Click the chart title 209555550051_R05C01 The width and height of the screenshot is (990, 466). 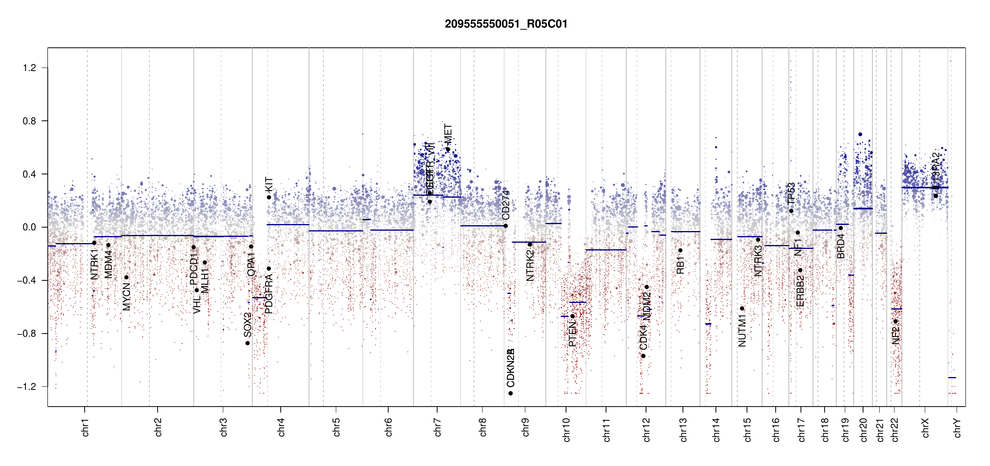[x=506, y=24]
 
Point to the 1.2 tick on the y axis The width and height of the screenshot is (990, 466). [x=30, y=68]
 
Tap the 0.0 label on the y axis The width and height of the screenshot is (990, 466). [x=30, y=227]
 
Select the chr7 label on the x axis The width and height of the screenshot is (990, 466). [x=438, y=427]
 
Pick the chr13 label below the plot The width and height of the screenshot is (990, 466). [x=683, y=429]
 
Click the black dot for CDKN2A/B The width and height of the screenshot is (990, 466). [x=511, y=393]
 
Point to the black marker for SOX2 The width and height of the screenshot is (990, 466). [x=247, y=343]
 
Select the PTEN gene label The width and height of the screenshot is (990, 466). [x=572, y=334]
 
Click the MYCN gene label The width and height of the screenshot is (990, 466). [x=126, y=297]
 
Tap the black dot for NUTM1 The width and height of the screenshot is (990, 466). [x=742, y=308]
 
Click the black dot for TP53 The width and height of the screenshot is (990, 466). [x=791, y=211]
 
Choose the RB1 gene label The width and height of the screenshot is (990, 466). [x=680, y=265]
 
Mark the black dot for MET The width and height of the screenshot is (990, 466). [x=448, y=149]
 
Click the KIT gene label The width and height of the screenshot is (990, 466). [x=269, y=184]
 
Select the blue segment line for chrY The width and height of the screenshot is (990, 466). [x=952, y=377]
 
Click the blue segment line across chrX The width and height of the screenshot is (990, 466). [x=924, y=188]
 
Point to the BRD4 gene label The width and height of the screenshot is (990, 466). [x=841, y=246]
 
